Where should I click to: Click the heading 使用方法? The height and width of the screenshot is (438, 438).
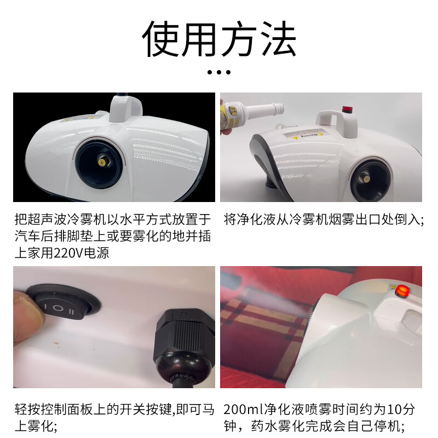(219, 39)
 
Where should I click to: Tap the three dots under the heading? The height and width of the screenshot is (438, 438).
(219, 72)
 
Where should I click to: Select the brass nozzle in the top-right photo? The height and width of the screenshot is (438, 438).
(365, 180)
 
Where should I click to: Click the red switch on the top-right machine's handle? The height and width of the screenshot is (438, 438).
(347, 109)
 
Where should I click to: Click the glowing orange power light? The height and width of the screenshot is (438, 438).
(402, 291)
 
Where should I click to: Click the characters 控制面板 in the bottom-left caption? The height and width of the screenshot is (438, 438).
(67, 410)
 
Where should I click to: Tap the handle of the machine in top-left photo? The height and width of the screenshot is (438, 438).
(126, 108)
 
